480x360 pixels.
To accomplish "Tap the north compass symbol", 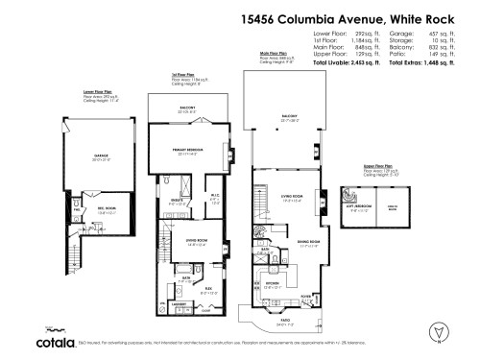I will pos(439,332).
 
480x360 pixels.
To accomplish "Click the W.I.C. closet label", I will pos(215,198).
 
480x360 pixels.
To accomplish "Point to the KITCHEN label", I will pos(273,283).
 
